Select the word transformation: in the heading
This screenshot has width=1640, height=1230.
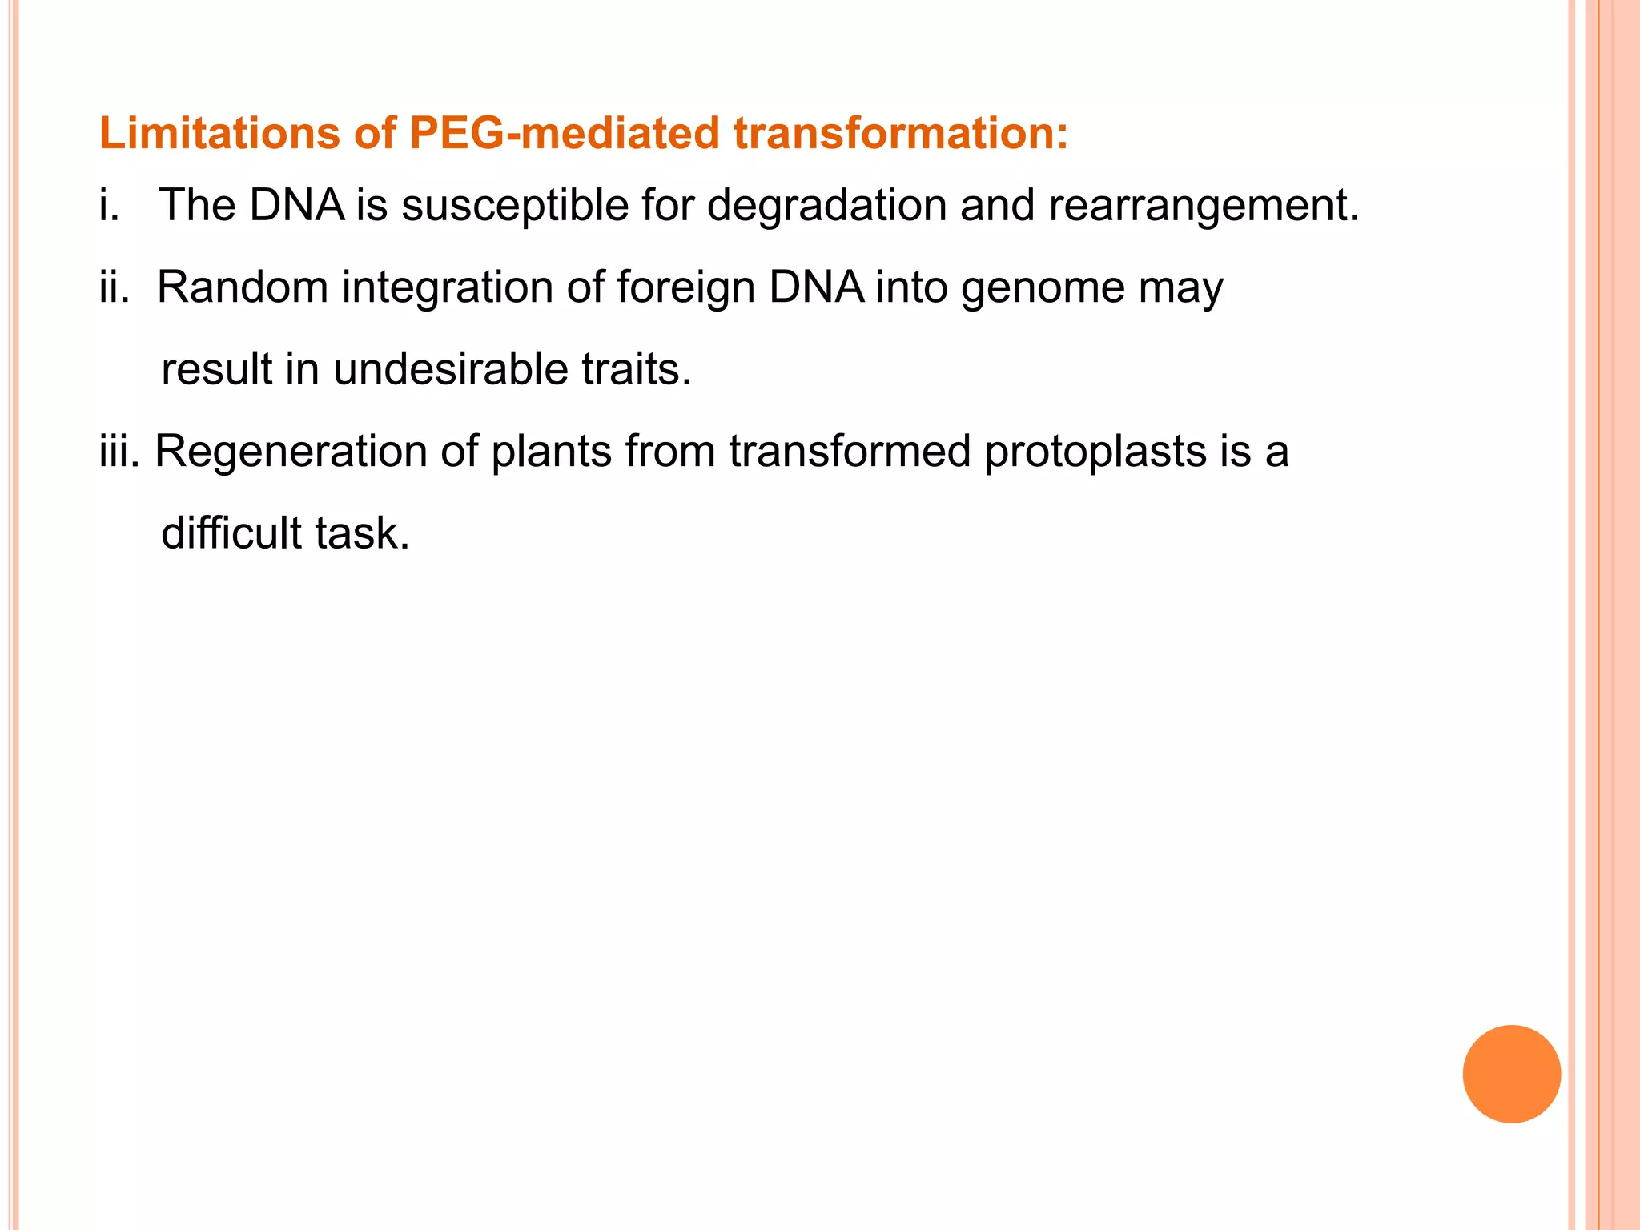click(x=901, y=133)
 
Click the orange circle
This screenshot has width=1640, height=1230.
click(x=1511, y=1074)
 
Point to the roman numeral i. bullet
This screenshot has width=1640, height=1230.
click(x=110, y=205)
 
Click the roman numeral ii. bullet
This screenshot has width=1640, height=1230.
click(x=114, y=287)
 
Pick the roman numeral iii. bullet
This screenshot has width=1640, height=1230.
click(x=119, y=451)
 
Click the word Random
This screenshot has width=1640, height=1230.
click(x=243, y=287)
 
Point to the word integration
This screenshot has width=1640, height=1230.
click(x=448, y=288)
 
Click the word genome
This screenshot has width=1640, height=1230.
click(x=1043, y=288)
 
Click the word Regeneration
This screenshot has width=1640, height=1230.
click(x=291, y=452)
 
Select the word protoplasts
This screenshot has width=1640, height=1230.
click(x=1095, y=452)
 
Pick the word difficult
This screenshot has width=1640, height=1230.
click(x=231, y=533)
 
